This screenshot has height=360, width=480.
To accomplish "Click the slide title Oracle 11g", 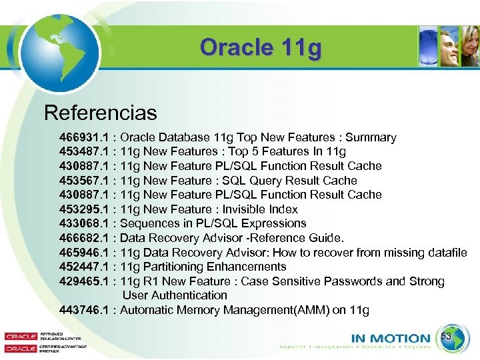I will (261, 48).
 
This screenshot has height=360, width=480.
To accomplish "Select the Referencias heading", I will (100, 113).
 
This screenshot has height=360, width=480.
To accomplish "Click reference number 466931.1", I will (85, 137).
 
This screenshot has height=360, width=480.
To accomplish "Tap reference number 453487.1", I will (85, 152).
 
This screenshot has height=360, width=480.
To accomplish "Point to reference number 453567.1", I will (85, 181).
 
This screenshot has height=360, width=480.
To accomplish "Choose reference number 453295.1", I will (85, 209).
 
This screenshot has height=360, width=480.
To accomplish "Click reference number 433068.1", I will (85, 223).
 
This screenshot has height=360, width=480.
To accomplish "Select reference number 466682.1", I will (85, 238).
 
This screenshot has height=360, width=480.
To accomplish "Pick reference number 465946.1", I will (85, 253).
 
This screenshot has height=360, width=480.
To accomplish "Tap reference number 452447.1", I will (85, 267).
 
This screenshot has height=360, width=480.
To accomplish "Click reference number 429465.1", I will (85, 281).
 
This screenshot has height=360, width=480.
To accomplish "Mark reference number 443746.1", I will (85, 310).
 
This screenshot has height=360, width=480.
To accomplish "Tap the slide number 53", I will (447, 337).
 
